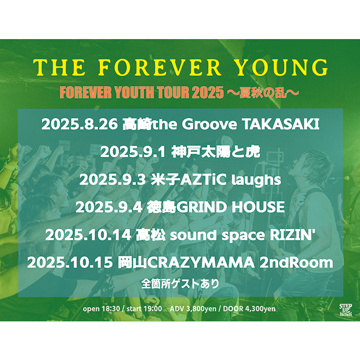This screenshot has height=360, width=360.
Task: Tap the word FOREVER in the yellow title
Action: tap(159, 67)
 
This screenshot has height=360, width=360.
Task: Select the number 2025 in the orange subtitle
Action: tap(208, 93)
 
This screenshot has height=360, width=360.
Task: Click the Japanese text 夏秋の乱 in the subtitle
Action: tap(263, 93)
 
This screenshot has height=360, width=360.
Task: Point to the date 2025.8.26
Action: tap(79, 124)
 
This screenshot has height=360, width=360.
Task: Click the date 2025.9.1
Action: tap(133, 152)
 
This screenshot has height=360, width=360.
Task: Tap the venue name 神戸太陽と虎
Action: tap(216, 152)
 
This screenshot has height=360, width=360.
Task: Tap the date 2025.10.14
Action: tap(88, 235)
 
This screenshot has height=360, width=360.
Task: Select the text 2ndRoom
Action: tap(296, 263)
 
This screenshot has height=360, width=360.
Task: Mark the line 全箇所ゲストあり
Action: tap(180, 284)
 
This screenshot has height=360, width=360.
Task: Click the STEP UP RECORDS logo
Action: tap(346, 310)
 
